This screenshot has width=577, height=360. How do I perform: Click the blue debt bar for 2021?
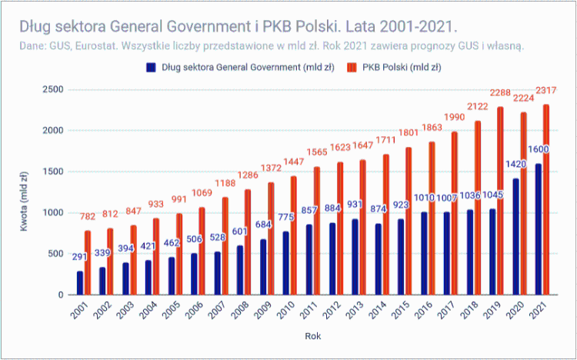click(x=539, y=229)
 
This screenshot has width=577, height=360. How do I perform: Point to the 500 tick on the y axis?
click(x=55, y=254)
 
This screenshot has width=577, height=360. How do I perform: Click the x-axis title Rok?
click(x=312, y=337)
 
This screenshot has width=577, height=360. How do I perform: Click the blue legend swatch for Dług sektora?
click(x=151, y=67)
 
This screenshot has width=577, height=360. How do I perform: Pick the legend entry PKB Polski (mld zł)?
click(x=398, y=67)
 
